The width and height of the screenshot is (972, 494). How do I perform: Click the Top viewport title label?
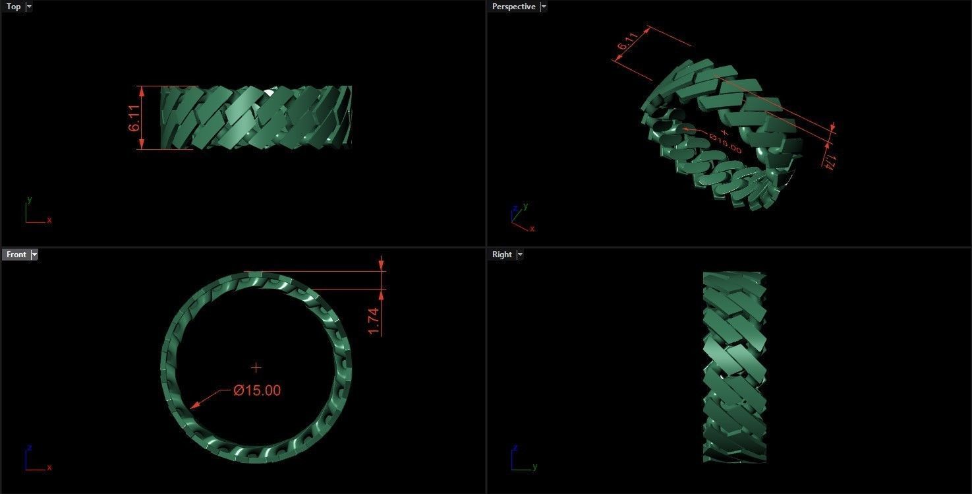pos(13,7)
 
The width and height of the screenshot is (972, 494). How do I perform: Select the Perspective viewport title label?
pos(513,7)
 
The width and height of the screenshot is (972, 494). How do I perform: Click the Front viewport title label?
pos(16,255)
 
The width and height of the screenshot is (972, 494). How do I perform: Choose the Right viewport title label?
pos(501,255)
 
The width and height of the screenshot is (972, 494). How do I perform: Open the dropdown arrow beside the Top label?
pos(28,7)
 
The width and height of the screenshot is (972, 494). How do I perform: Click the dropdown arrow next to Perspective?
pos(543,7)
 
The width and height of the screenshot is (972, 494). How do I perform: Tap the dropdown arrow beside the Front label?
pos(34,255)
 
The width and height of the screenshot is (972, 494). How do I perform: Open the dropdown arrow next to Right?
pos(519,255)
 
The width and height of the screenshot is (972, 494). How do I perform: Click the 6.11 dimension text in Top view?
pos(135,117)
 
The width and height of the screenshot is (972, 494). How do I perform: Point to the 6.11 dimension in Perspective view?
pos(626,44)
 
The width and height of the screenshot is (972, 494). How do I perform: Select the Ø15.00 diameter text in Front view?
pos(257,390)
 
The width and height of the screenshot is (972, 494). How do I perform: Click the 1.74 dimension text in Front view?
pos(374,321)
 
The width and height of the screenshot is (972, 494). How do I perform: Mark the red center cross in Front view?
pos(256,367)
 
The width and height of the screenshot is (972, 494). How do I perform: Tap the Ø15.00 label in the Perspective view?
pos(725,143)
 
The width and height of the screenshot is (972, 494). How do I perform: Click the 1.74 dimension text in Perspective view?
pos(830,161)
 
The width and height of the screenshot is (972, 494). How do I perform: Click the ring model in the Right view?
pos(734,367)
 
